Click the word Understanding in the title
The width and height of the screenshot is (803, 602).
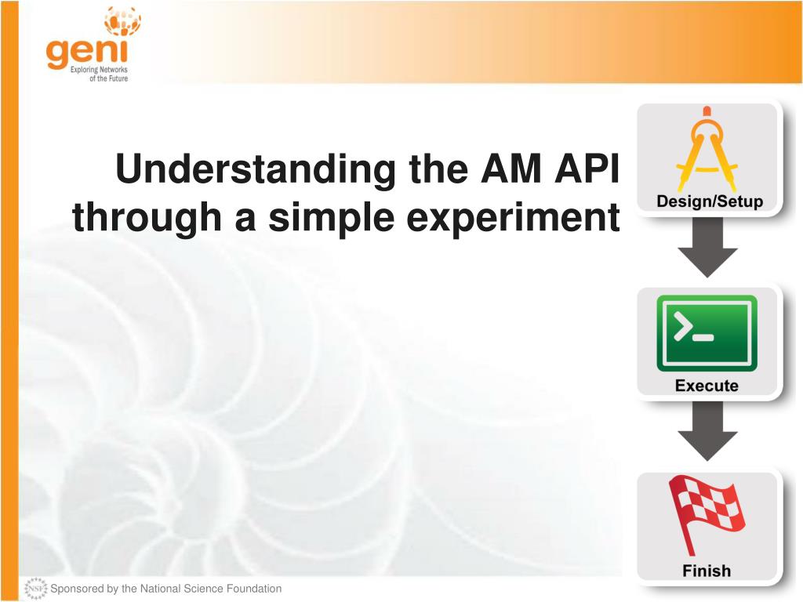(x=256, y=170)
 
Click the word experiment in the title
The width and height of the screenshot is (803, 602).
(x=513, y=217)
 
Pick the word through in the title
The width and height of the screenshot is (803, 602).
(x=147, y=216)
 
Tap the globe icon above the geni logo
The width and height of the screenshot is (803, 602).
(x=122, y=20)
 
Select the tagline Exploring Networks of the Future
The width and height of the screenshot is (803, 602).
(x=100, y=74)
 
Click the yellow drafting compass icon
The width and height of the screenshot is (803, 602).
(x=707, y=149)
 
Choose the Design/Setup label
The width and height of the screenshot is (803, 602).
(x=709, y=201)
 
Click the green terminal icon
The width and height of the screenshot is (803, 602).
(x=707, y=333)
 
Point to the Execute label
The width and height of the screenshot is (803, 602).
(x=707, y=386)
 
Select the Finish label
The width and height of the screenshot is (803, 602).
(x=707, y=571)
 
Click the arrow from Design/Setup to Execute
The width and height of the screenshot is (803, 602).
(x=707, y=247)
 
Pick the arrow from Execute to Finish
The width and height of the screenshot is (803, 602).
(x=707, y=431)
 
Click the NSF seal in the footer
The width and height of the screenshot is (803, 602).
(x=35, y=589)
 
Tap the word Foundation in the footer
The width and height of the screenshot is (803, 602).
(x=253, y=589)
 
